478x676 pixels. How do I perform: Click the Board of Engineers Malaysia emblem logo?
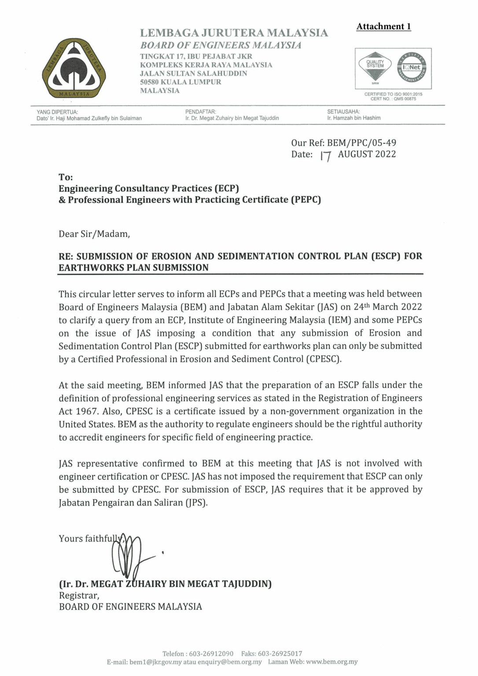[74, 68]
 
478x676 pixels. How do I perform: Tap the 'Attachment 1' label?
[383, 26]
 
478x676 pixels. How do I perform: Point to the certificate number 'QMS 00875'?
[405, 99]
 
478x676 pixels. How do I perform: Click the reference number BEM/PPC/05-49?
[361, 143]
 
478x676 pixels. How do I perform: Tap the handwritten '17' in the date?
[325, 156]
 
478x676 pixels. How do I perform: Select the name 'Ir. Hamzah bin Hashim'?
[353, 118]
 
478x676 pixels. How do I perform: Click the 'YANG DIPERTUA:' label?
[57, 112]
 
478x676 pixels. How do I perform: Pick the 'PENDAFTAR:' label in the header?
[201, 112]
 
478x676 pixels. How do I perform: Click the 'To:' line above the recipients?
[66, 177]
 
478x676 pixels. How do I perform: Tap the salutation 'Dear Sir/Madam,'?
[94, 234]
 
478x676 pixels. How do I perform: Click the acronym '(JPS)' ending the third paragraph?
[196, 503]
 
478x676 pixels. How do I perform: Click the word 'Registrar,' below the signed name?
[79, 595]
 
